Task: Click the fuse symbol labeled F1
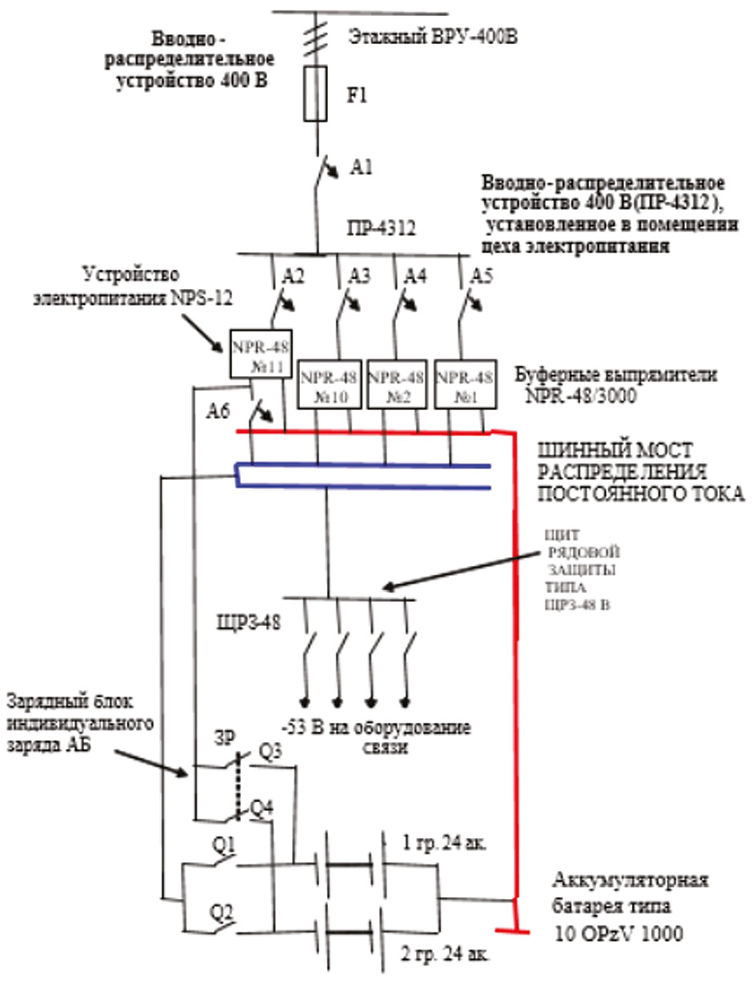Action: pyautogui.click(x=316, y=94)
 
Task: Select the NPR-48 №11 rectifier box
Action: pyautogui.click(x=261, y=353)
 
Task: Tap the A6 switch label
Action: pyautogui.click(x=217, y=413)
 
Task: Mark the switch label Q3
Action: pyautogui.click(x=270, y=752)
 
